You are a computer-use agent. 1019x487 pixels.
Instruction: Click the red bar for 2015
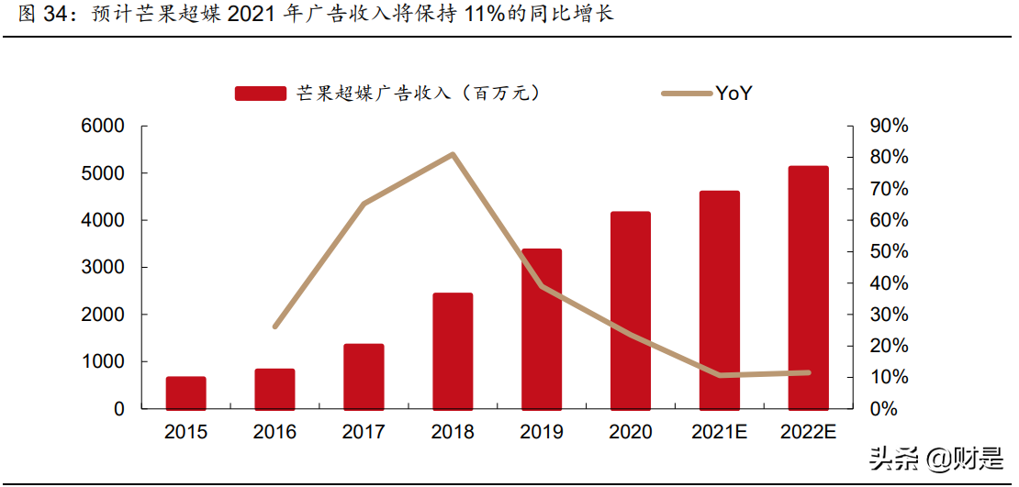(186, 393)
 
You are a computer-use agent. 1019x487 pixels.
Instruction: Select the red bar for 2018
(453, 351)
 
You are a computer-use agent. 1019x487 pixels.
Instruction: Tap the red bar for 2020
(631, 310)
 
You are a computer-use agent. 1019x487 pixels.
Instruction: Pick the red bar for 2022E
(808, 287)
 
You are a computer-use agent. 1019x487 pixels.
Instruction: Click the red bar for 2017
(364, 376)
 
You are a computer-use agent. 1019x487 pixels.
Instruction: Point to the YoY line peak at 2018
(453, 154)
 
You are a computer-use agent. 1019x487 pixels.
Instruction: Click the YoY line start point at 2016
(275, 327)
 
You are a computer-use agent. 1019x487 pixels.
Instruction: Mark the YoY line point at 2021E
(720, 375)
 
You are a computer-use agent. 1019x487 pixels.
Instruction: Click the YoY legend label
(733, 93)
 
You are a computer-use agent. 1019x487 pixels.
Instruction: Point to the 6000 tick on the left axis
(106, 127)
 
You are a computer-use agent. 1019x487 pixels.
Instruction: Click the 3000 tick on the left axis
(106, 268)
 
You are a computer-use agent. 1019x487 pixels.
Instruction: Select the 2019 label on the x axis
(542, 433)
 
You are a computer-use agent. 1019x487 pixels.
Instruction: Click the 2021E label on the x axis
(720, 433)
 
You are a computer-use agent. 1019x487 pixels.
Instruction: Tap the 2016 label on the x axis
(275, 433)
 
